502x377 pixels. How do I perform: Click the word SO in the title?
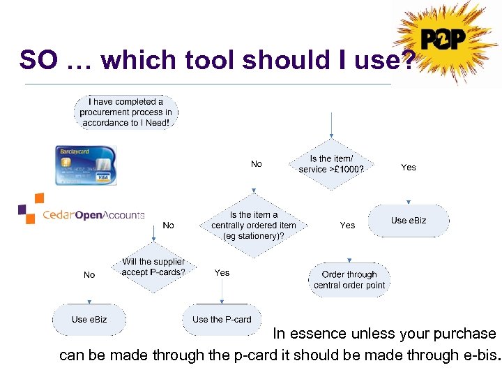38,60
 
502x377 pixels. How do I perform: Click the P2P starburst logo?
443,40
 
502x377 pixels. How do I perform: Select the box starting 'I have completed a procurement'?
126,112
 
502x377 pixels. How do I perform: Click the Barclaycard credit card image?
87,165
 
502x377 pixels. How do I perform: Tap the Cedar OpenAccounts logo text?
93,215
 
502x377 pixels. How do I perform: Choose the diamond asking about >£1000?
332,164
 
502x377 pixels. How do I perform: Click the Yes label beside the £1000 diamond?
409,168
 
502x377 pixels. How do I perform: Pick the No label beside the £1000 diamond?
257,164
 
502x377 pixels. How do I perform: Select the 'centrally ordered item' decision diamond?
254,225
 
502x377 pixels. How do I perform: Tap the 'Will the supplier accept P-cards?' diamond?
153,267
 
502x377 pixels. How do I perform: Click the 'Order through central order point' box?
349,280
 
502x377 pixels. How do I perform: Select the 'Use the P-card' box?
222,320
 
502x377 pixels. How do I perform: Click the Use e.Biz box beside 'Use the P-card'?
89,320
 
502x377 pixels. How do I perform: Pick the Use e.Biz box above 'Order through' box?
409,221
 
